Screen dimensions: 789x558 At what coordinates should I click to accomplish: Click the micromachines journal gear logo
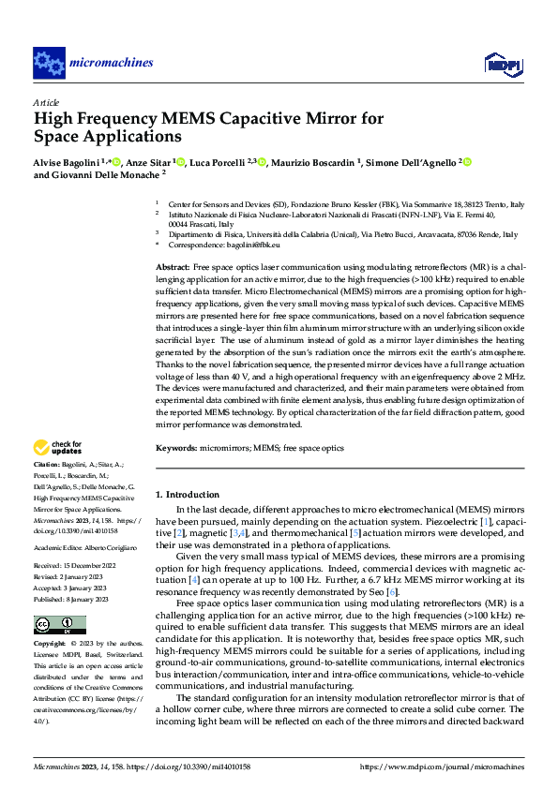(49, 63)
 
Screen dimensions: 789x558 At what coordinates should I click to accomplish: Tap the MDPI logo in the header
(498, 63)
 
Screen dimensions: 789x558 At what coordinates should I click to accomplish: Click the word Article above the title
(46, 101)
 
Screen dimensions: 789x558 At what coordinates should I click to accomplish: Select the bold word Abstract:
(173, 268)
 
